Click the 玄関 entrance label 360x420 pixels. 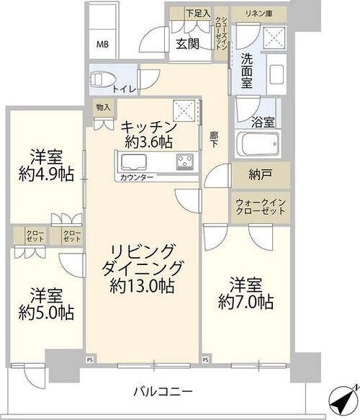[189, 43]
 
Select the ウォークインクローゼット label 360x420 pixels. [261, 207]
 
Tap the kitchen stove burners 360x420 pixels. [186, 160]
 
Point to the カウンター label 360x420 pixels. [135, 177]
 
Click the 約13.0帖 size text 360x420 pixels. [143, 287]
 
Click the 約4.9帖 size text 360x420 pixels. [45, 174]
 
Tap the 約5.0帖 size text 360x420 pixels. [45, 313]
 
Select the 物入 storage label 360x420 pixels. [104, 107]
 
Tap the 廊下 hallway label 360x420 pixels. [215, 138]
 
